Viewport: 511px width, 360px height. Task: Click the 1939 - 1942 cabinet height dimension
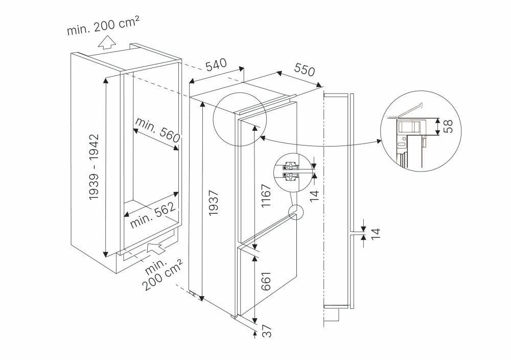click(x=94, y=167)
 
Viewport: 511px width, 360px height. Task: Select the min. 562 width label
click(x=153, y=215)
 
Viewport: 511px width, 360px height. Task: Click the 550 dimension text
click(x=305, y=69)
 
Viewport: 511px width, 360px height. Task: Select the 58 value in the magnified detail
click(x=448, y=126)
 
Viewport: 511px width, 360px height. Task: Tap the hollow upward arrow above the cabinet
click(x=107, y=42)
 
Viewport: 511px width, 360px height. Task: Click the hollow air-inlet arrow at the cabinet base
click(x=156, y=248)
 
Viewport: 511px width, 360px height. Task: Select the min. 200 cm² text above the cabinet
click(x=104, y=25)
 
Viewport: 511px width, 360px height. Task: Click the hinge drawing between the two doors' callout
click(x=291, y=171)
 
